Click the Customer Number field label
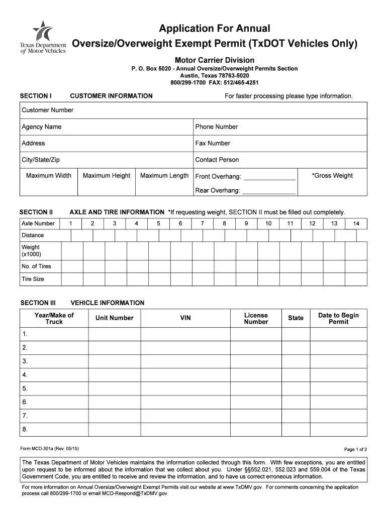47,110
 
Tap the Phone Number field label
217,126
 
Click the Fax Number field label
213,143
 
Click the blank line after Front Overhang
269,177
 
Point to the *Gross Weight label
332,176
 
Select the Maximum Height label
107,176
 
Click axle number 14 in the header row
356,223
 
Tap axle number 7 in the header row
202,223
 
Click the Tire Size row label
33,279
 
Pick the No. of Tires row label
36,266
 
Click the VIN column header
185,318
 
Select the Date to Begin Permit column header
338,318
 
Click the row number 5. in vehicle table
25,389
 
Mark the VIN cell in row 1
185,334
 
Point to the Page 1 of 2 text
355,449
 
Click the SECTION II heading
36,212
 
